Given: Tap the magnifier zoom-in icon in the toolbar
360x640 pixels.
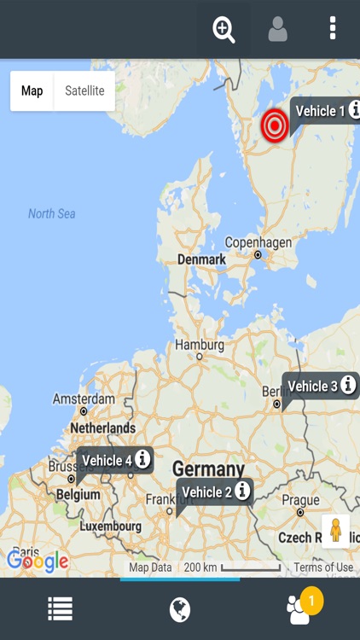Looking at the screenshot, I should pos(224,30).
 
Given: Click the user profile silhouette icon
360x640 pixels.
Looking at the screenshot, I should pos(277,30).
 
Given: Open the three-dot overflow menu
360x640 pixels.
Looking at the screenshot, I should pos(333,29).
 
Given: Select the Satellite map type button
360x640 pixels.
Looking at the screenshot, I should pos(84,91).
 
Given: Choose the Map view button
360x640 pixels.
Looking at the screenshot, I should pos(32,91).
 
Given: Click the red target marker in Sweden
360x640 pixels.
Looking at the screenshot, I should pos(275,125).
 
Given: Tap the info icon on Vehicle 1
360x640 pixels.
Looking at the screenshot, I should pos(354,110).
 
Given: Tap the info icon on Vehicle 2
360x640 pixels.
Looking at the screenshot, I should pos(243,491).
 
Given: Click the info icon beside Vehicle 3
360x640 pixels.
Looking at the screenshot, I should pos(348,386).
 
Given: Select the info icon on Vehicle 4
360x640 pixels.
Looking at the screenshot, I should pos(142,459).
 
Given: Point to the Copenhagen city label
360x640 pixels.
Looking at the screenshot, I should pos(258,243).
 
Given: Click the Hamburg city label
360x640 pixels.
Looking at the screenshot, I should pos(200,346).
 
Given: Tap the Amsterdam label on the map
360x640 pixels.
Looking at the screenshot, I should pos(84,399).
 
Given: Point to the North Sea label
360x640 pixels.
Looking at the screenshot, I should pos(52,213).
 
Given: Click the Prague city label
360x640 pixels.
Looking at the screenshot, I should pos(300,501).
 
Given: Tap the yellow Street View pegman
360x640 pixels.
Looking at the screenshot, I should pos(335,531).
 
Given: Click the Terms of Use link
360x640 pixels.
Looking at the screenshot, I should pos(323,567).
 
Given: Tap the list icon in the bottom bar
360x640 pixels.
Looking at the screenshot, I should pos(60,608).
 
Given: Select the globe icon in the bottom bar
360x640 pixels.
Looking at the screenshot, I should pos(180,608).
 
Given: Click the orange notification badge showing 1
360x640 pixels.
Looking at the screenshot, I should pos(311,601).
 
